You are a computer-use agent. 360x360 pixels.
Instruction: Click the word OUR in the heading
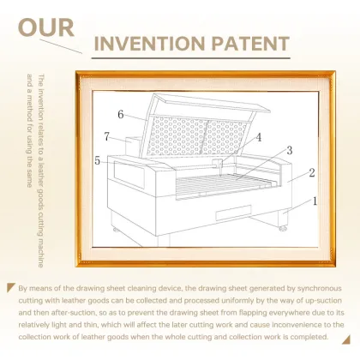(46, 27)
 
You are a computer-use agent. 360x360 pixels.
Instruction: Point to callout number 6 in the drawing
(121, 114)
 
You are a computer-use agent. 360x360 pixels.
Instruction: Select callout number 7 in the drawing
(106, 136)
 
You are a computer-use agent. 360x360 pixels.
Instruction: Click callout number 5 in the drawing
(98, 160)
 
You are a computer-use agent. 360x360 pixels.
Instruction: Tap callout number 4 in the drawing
(259, 137)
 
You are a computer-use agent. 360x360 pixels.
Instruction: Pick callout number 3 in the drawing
(290, 150)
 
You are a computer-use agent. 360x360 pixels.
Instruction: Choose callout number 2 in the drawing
(312, 172)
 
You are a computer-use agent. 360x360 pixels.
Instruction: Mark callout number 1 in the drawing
(315, 201)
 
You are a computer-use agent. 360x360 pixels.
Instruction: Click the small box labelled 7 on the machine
(134, 146)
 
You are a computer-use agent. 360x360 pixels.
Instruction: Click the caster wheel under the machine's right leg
(283, 228)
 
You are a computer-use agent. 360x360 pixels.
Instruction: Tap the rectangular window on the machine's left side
(129, 174)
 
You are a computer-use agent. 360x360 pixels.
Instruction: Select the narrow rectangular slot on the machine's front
(233, 213)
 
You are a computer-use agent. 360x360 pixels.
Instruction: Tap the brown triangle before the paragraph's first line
(10, 287)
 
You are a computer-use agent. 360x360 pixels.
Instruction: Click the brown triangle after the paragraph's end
(346, 340)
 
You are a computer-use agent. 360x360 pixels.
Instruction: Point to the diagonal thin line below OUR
(61, 46)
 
